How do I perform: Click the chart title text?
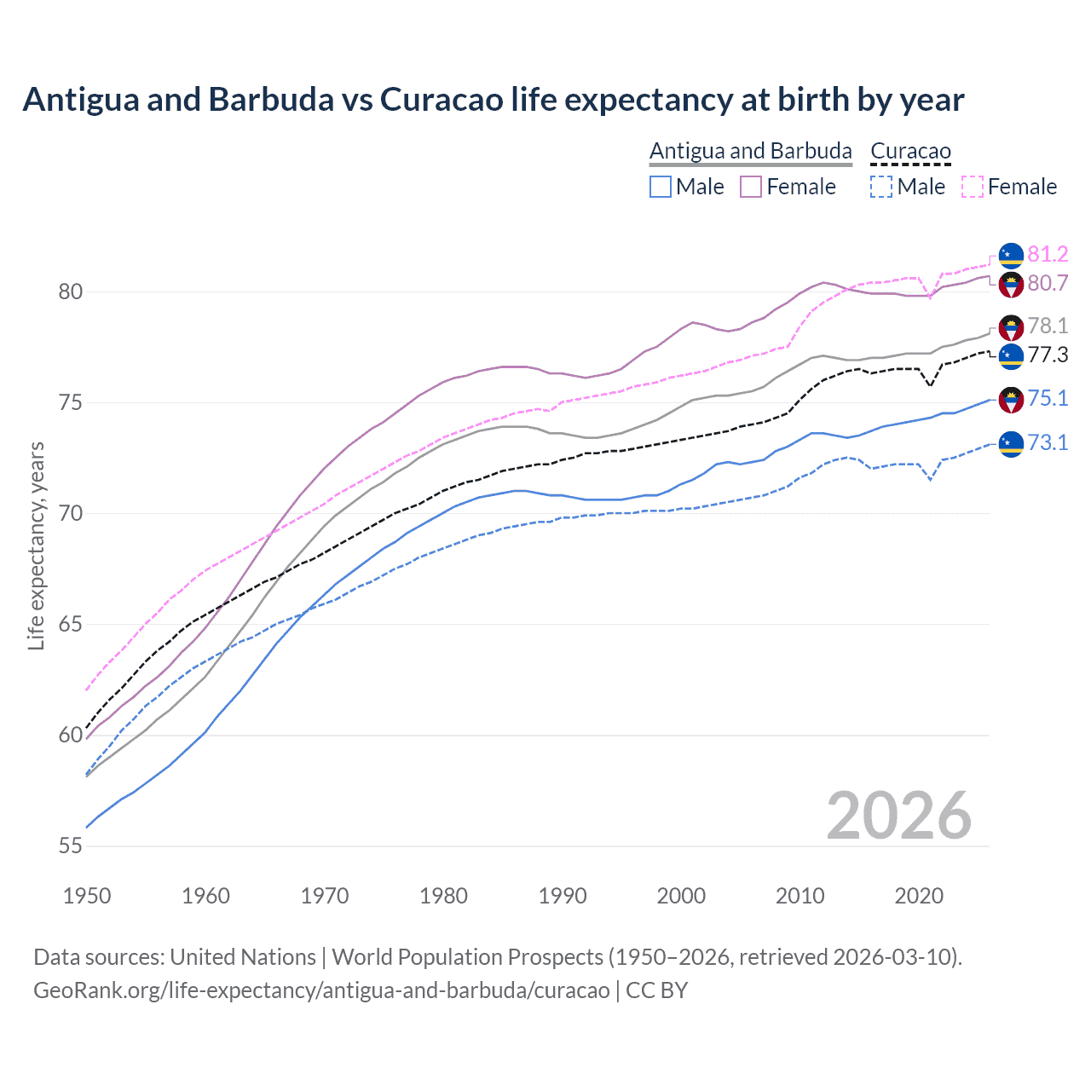[493, 100]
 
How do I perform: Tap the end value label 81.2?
[1047, 254]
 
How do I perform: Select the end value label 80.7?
[1047, 283]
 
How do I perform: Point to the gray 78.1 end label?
[1047, 326]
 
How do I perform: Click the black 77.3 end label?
[1047, 355]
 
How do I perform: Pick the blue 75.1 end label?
[1047, 398]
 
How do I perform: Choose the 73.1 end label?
[1047, 442]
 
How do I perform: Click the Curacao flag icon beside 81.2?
[1011, 255]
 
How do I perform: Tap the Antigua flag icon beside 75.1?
[1011, 399]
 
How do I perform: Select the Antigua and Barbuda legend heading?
[750, 151]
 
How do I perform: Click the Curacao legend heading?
[910, 151]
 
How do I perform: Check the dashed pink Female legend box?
[973, 187]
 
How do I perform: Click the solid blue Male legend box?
[661, 187]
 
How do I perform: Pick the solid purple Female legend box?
[751, 187]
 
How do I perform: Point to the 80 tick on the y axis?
[70, 292]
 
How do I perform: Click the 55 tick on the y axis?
[70, 846]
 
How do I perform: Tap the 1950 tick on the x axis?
[87, 896]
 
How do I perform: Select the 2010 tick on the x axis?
[799, 896]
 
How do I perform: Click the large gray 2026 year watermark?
[898, 816]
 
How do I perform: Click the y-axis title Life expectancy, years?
[36, 545]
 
